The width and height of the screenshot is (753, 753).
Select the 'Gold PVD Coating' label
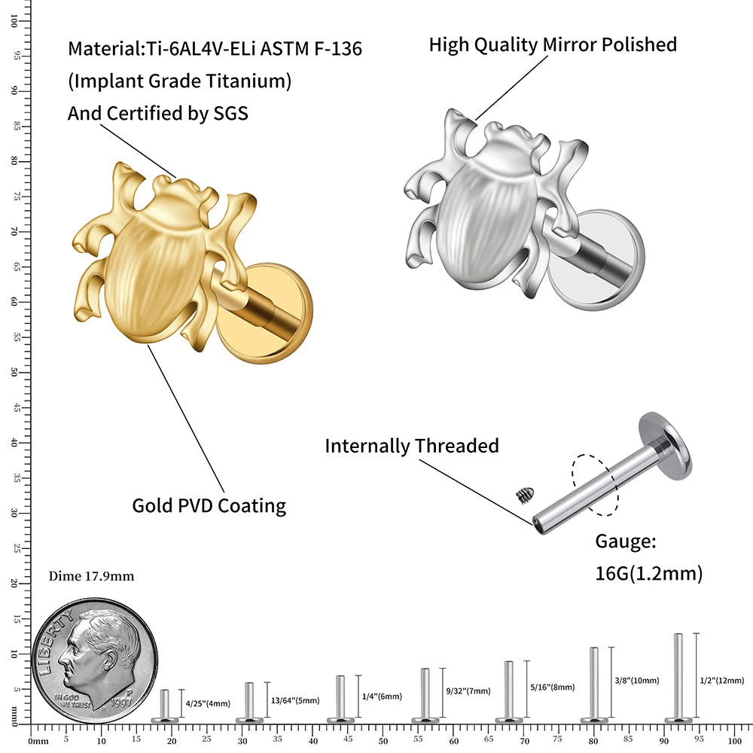pos(209,505)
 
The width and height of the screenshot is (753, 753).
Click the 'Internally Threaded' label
pos(412,446)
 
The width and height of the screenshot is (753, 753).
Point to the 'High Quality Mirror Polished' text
pos(553,44)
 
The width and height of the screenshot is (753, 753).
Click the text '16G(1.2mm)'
pos(648,574)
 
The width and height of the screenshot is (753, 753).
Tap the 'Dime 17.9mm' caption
pos(91,576)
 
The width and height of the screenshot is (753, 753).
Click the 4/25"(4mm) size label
pos(208,704)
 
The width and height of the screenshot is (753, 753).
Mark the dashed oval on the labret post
pos(595,483)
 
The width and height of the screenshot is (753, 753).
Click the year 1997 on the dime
pos(120,700)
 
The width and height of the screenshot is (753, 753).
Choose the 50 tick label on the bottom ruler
pos(383,742)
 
